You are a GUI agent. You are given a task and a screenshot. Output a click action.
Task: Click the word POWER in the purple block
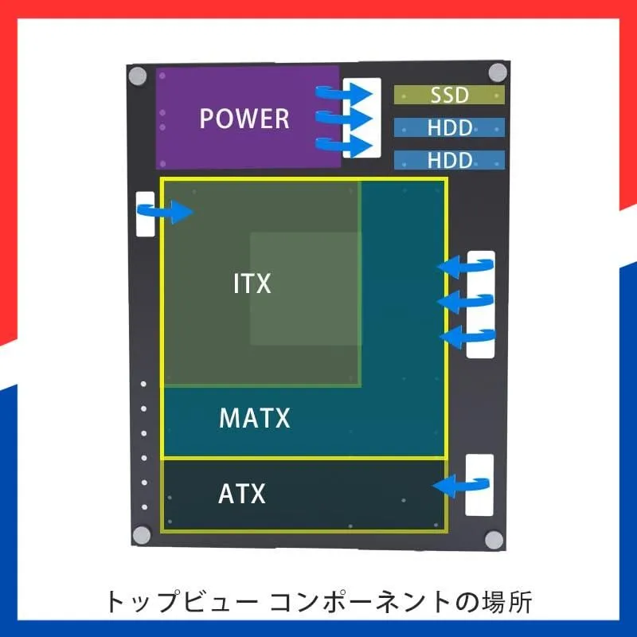coord(244,119)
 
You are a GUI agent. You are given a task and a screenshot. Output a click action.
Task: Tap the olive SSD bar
coord(449,96)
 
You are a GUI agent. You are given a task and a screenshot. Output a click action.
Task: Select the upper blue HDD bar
coord(449,127)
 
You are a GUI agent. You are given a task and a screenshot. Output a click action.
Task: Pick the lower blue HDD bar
coord(449,160)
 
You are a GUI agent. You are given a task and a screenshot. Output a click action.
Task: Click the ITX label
coord(252,284)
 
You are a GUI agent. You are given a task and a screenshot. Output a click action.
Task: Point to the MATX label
coord(255,418)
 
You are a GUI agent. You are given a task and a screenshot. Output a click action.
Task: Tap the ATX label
coord(241,494)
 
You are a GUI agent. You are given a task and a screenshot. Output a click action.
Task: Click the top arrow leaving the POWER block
coord(344,92)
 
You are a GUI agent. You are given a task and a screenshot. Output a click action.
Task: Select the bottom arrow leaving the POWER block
coord(344,146)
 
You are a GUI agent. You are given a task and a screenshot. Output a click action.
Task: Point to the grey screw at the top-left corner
coord(139,77)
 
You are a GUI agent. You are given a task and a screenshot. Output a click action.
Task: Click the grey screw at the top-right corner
coord(498,72)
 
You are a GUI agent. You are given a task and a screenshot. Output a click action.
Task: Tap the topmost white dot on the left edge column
coord(144,385)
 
